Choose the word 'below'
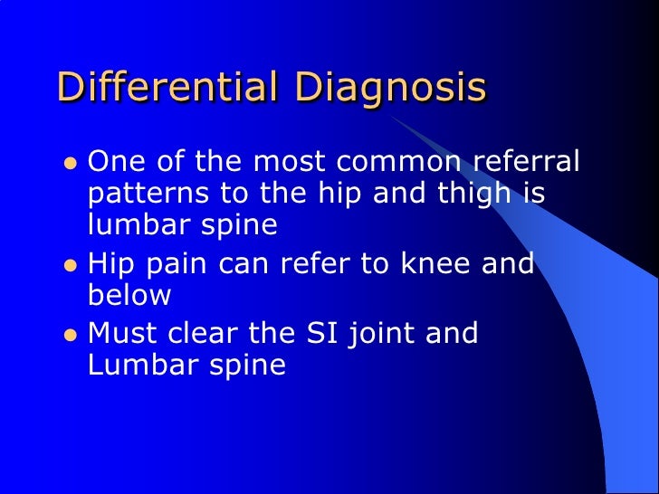pyautogui.click(x=129, y=297)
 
